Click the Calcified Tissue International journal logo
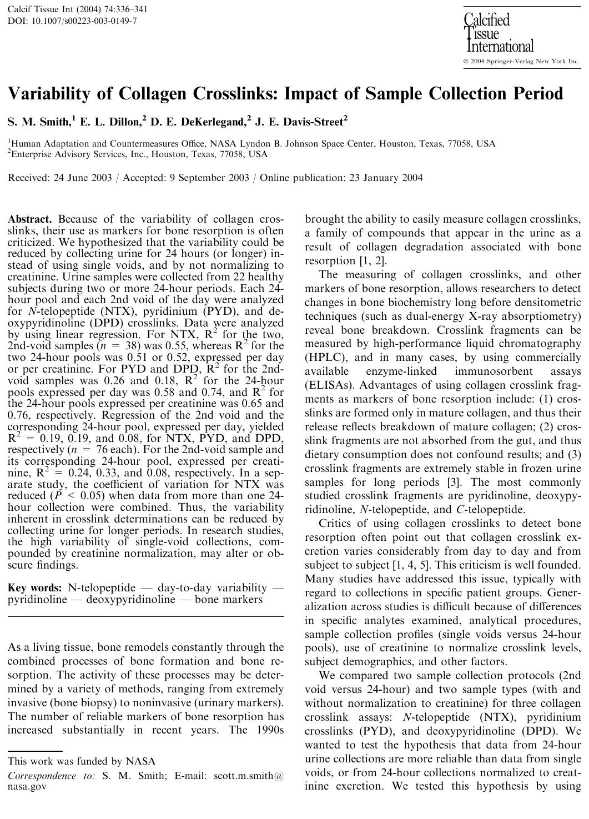pos(498,33)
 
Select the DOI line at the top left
pos(72,21)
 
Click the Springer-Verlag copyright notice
pos(521,61)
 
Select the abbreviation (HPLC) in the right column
pos(323,358)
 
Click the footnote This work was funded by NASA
pos(82,761)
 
